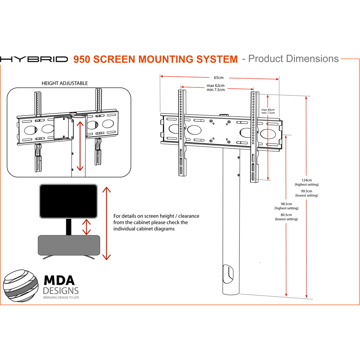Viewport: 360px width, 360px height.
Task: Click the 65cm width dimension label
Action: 219,77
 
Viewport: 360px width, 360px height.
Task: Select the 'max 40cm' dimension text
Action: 268,109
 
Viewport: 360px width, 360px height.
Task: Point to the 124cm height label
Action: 307,180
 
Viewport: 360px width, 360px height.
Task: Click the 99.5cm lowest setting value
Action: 307,191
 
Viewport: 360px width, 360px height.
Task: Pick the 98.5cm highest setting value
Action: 286,204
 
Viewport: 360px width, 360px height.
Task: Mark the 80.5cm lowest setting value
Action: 286,215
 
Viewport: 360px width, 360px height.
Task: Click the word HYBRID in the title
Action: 34,59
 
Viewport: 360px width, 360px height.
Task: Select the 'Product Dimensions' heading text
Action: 293,59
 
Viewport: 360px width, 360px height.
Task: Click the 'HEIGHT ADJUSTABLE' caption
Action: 65,83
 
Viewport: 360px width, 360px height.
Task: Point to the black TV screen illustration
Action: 68,202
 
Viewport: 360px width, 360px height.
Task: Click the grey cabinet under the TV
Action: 68,245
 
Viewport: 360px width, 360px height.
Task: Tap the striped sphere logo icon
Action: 21,286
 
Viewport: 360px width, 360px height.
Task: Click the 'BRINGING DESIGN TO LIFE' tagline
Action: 61,298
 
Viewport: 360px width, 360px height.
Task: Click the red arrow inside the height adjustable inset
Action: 80,146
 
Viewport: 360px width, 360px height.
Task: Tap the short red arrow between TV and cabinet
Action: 86,227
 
